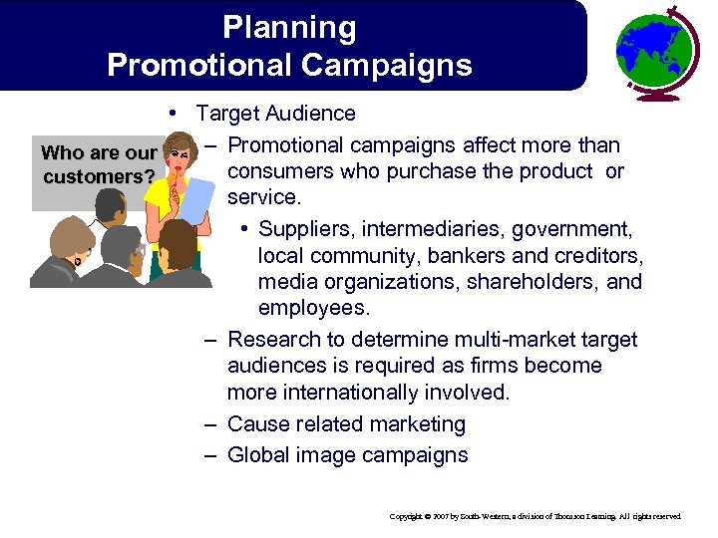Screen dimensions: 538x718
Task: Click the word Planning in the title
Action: tap(289, 28)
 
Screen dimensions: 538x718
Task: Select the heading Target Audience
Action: tap(275, 114)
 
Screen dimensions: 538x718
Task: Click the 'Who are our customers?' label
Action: tap(98, 165)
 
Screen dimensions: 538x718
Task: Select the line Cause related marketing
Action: tap(346, 423)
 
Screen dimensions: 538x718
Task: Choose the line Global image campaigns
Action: tap(347, 455)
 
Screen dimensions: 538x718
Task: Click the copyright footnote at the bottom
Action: tap(536, 516)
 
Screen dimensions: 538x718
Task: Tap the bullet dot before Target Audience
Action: tap(176, 113)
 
